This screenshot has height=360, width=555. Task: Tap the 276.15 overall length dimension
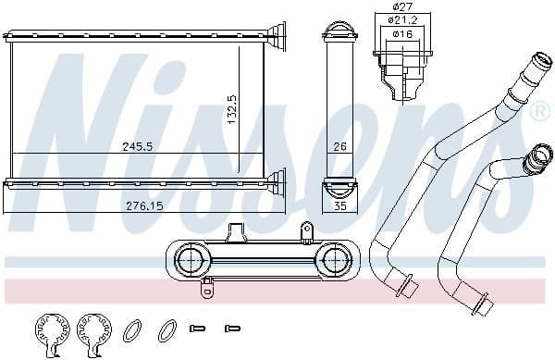pos(142,205)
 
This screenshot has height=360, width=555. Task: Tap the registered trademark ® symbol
pos(538,111)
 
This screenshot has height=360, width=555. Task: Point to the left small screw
pos(196,329)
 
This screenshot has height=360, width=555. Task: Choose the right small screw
pos(232,329)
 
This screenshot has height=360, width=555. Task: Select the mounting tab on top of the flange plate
pos(305,231)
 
